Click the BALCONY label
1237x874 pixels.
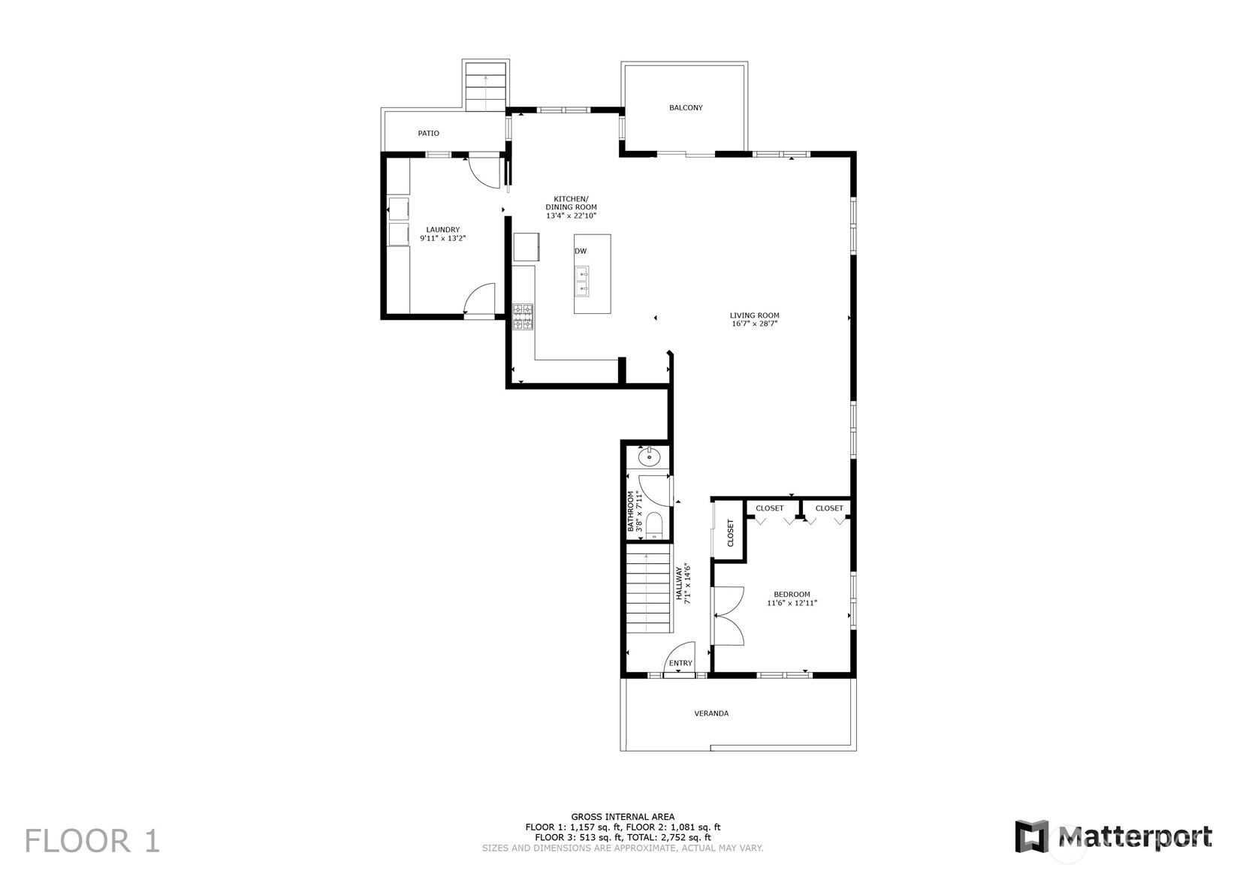click(686, 107)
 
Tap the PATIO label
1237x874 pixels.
click(428, 133)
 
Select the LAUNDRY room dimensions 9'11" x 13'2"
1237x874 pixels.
click(442, 239)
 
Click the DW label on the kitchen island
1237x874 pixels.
click(581, 251)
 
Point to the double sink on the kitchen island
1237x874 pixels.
click(582, 282)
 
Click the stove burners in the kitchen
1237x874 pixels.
click(523, 316)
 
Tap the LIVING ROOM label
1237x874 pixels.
click(754, 315)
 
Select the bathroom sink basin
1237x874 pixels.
click(649, 456)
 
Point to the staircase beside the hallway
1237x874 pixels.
click(648, 592)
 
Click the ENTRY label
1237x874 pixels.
click(680, 663)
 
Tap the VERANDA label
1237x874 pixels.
click(711, 713)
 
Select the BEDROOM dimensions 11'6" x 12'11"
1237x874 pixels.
click(792, 603)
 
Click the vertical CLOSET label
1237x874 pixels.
click(730, 532)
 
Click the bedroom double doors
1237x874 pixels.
click(727, 616)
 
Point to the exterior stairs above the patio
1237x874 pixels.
click(485, 86)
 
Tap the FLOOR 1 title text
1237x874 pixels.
click(92, 840)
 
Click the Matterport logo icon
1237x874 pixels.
click(1031, 836)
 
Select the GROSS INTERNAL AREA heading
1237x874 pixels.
click(623, 817)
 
